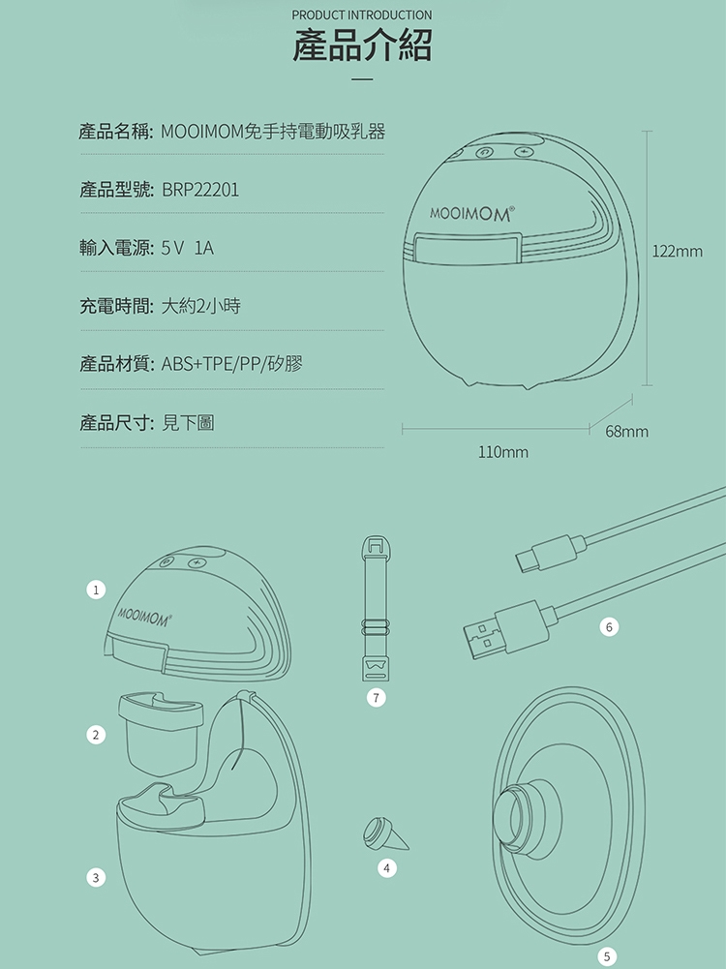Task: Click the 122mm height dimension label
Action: click(x=678, y=252)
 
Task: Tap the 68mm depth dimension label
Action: click(x=626, y=432)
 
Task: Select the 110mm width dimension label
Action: click(x=503, y=452)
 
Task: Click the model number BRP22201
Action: click(x=200, y=190)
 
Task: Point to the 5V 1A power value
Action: click(x=188, y=248)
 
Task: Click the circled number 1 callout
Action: click(x=96, y=590)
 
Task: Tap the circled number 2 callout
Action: click(x=96, y=735)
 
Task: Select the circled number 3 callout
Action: click(x=96, y=878)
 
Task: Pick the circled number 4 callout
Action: click(x=387, y=868)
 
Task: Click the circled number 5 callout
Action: click(x=607, y=956)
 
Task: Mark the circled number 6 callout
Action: click(x=609, y=627)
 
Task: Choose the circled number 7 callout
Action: click(x=376, y=698)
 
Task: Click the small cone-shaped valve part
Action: click(x=385, y=834)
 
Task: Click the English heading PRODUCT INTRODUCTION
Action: click(x=362, y=15)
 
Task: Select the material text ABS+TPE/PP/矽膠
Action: click(x=232, y=364)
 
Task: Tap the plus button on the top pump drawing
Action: click(x=524, y=151)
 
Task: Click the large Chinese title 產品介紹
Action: click(x=362, y=45)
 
